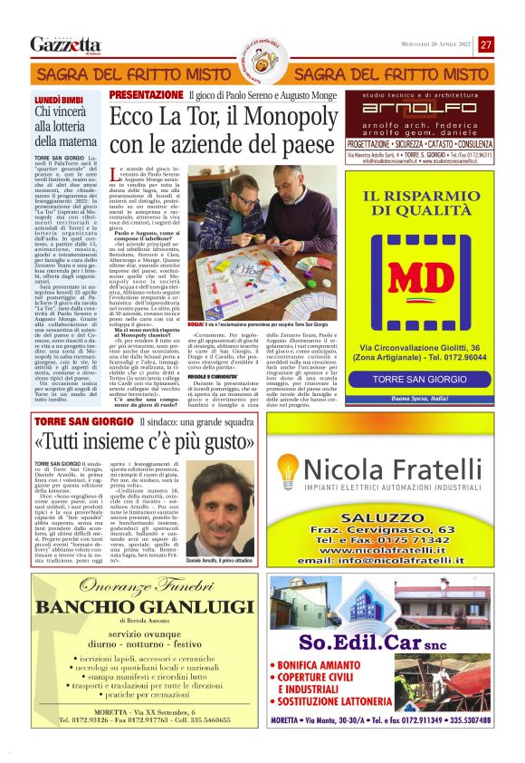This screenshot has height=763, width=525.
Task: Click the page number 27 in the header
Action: pos(487,44)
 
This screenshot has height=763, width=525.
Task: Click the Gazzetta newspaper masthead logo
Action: pos(65,44)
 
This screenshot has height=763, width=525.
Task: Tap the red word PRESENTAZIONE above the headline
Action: pos(146,94)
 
